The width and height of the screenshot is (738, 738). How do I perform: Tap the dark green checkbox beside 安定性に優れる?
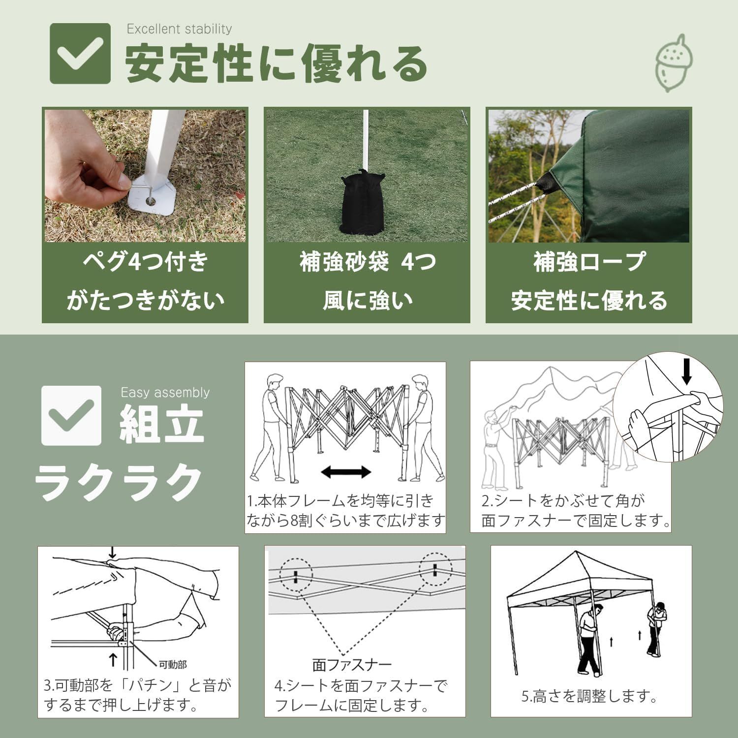[x=80, y=53]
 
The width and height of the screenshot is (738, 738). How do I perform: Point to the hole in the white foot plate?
[x=150, y=201]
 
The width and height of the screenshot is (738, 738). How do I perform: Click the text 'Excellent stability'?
[x=179, y=30]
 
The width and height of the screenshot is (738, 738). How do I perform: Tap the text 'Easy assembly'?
[x=165, y=393]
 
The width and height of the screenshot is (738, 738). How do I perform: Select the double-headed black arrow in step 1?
[x=346, y=472]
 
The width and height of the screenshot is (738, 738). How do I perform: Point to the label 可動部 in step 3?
[x=173, y=665]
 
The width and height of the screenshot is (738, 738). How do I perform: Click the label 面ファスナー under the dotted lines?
[x=352, y=665]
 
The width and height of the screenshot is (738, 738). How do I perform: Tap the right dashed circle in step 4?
[x=435, y=570]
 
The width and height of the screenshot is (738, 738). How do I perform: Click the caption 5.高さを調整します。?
[x=590, y=696]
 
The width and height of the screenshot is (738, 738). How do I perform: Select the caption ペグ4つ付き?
[x=145, y=262]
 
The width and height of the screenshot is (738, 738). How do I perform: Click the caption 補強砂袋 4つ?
[x=368, y=262]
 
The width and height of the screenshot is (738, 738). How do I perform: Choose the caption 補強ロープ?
[x=589, y=262]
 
